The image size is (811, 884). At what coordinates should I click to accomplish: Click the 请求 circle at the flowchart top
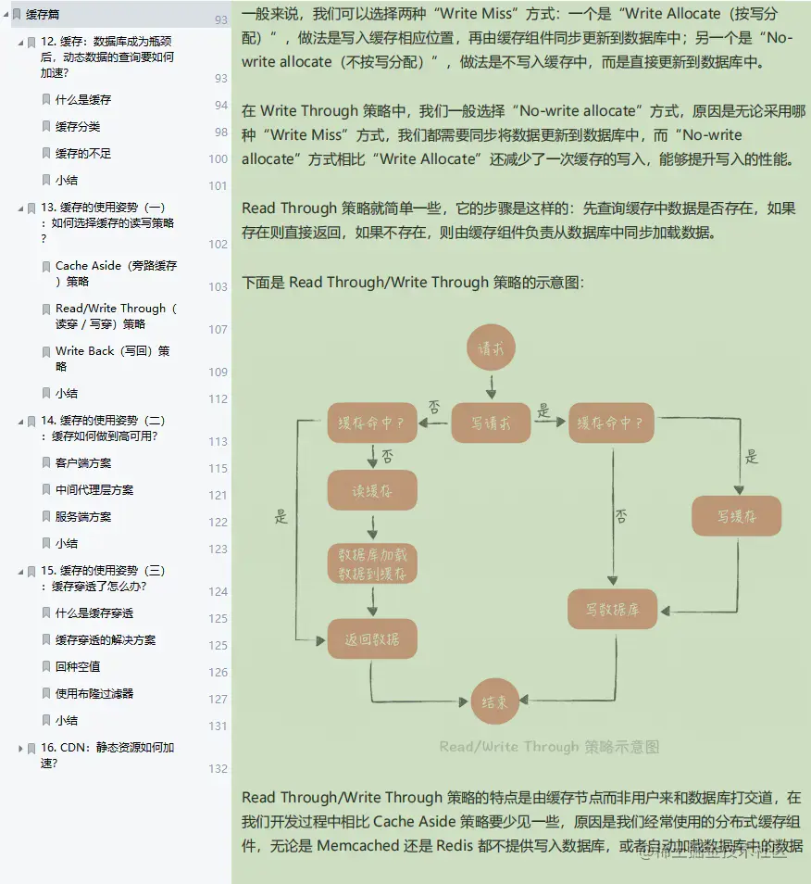491,348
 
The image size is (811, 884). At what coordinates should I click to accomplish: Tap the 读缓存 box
372,490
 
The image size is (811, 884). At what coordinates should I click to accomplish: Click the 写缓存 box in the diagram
737,516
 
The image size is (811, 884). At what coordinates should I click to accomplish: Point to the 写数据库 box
613,610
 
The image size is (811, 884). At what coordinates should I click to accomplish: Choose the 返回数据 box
372,639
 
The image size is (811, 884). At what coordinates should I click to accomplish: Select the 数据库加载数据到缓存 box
372,563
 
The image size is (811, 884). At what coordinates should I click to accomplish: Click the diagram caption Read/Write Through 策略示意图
549,747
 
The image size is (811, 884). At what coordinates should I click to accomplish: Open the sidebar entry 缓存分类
77,126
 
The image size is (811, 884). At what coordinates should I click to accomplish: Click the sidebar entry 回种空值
78,666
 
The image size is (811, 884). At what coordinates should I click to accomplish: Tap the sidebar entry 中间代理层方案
94,489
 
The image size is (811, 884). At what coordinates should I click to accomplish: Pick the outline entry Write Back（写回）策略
112,358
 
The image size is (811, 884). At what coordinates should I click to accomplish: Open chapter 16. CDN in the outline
106,754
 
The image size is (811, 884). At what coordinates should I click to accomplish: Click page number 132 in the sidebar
218,768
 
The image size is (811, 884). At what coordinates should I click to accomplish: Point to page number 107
218,329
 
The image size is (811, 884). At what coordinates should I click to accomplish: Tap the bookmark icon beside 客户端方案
46,462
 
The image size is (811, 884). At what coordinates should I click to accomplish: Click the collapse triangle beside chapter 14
20,421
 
